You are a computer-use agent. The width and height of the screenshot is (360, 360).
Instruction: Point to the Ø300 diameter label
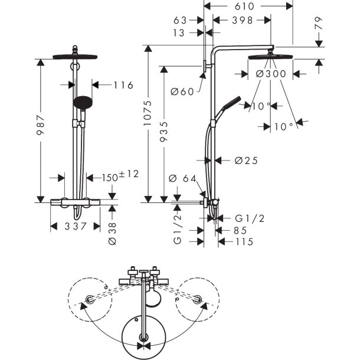click(x=272, y=74)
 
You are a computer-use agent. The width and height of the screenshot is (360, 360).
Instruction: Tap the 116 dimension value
click(x=123, y=86)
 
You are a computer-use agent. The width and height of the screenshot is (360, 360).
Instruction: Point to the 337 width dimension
click(x=75, y=226)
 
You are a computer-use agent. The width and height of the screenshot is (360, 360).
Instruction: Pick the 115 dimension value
click(x=244, y=242)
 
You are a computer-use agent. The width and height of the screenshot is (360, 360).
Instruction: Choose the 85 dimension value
click(x=240, y=231)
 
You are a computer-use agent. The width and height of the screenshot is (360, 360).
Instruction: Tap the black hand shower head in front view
click(x=83, y=102)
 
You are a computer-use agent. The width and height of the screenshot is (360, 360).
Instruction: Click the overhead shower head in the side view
click(x=271, y=57)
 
